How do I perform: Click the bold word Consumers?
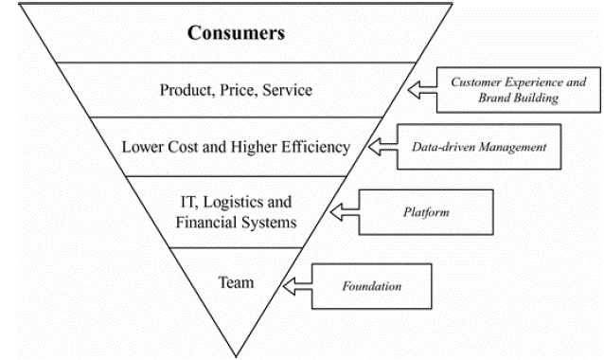[236, 33]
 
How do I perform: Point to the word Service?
[288, 90]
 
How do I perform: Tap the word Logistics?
[230, 203]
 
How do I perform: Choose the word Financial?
[206, 223]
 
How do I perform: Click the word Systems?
[269, 223]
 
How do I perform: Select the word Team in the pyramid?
[236, 282]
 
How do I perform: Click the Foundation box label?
[372, 286]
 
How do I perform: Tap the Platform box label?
[426, 212]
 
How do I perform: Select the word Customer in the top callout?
[476, 82]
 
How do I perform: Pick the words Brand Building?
[519, 98]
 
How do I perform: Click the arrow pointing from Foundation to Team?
[297, 286]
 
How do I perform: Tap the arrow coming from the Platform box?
[345, 212]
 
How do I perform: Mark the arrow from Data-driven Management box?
[382, 147]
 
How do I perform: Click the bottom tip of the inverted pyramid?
[236, 356]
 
